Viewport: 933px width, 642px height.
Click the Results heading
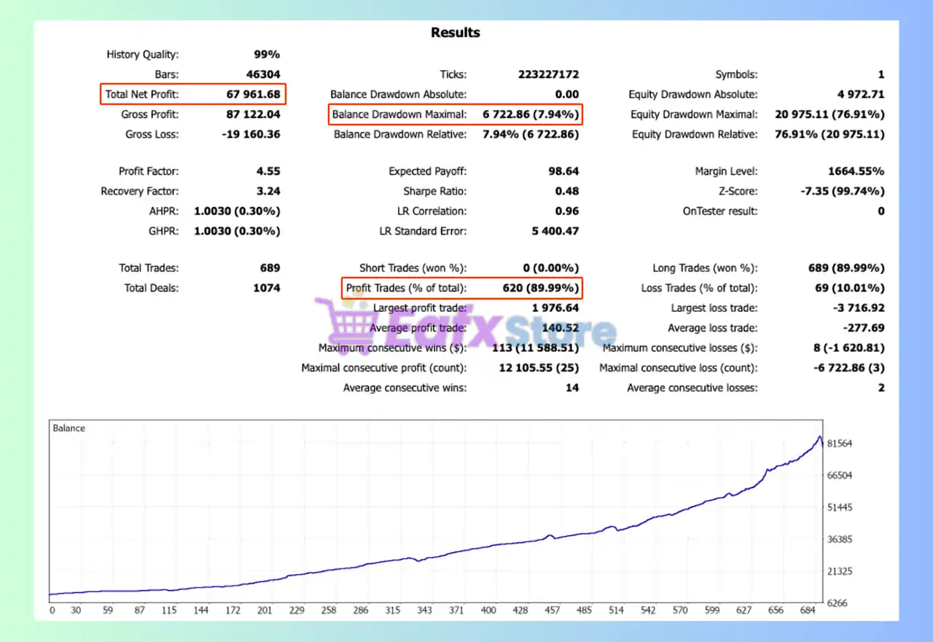click(x=455, y=33)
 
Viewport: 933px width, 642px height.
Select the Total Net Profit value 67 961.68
click(x=253, y=94)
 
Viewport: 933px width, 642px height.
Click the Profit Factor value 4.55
click(x=266, y=171)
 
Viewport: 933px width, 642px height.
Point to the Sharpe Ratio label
click(x=434, y=191)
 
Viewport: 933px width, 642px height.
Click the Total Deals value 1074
click(x=266, y=288)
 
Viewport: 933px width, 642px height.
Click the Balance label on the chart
click(x=69, y=428)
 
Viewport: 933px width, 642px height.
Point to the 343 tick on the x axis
click(x=424, y=611)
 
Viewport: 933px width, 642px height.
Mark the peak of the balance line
click(x=819, y=437)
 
